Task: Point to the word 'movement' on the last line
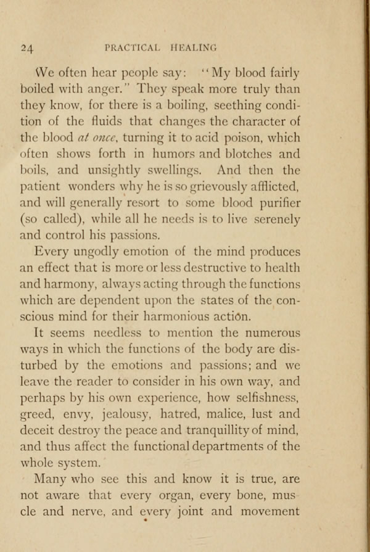tap(269, 511)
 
